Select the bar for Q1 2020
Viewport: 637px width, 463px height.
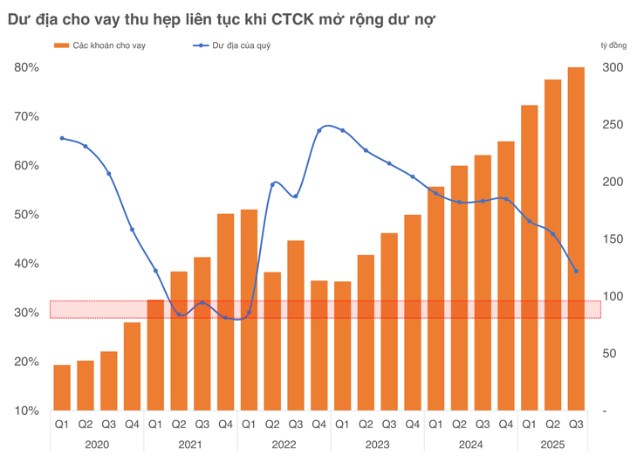point(62,388)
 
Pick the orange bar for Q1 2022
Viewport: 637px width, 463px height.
point(249,310)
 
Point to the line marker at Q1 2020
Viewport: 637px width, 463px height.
point(62,138)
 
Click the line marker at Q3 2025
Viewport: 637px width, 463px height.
point(576,271)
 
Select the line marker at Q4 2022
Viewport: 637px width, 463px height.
point(319,130)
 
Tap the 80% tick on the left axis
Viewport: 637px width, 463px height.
point(25,68)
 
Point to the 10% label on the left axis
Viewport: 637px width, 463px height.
point(25,411)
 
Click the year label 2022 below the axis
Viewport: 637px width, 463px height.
point(284,443)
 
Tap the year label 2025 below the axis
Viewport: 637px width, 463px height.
point(552,443)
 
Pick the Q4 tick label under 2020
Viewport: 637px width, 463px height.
point(132,424)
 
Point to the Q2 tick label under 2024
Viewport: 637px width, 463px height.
point(459,424)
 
